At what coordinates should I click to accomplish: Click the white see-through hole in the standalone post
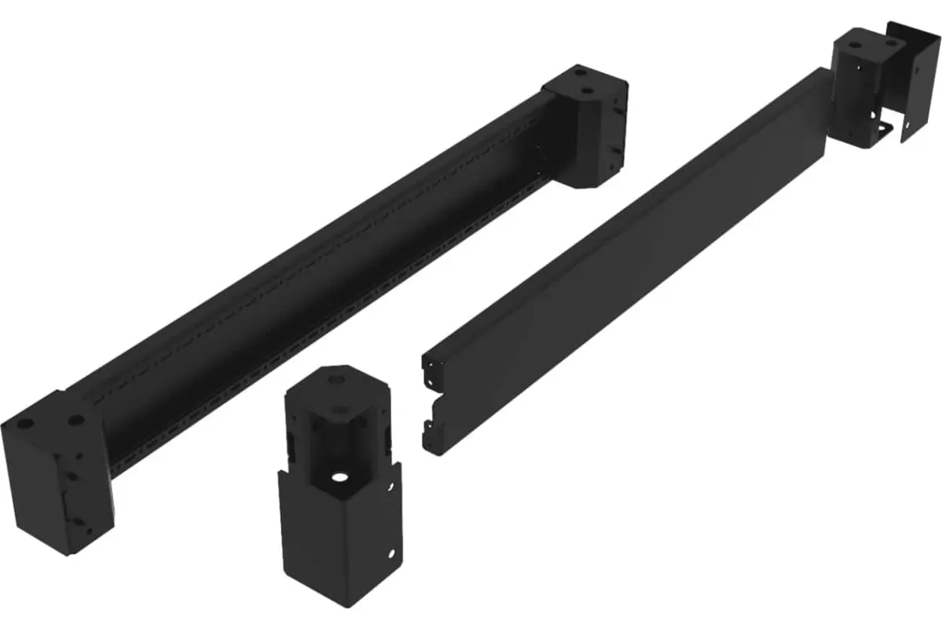339,476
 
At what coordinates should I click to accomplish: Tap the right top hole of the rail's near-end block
76,421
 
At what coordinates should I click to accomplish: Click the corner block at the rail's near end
59,471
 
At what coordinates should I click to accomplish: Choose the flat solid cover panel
628,259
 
